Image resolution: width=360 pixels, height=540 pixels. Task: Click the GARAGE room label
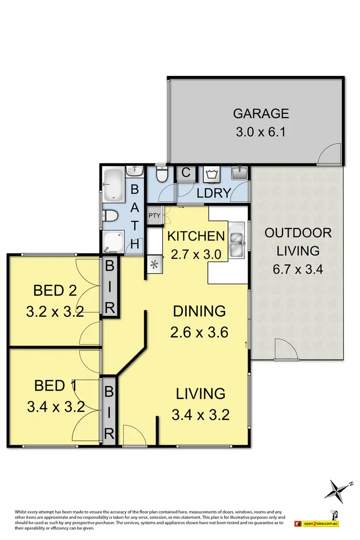point(261,113)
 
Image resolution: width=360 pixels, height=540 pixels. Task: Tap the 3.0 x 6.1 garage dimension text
point(261,132)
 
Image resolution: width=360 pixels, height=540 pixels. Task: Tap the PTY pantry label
point(154,215)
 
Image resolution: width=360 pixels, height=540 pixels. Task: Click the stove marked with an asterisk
point(155,264)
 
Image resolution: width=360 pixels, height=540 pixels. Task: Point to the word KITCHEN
point(195,236)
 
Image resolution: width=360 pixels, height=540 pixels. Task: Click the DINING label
point(199,311)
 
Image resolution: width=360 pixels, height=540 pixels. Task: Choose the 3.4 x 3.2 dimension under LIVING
point(200,414)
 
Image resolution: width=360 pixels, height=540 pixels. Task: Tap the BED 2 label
point(55,290)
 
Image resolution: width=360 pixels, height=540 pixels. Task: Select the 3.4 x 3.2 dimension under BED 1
point(56,407)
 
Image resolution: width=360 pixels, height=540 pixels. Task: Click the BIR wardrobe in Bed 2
point(109,287)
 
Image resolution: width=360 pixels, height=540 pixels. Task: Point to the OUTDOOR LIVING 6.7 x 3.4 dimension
point(298,268)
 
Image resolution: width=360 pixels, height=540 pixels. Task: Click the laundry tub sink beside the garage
point(238,173)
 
